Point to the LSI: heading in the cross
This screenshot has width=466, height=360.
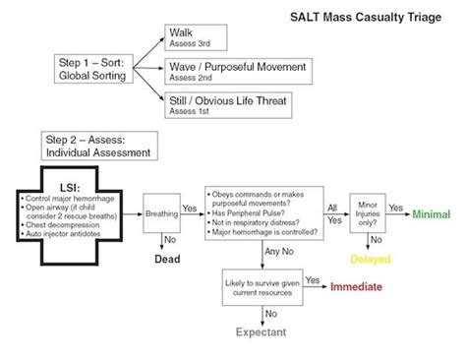[71, 187]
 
